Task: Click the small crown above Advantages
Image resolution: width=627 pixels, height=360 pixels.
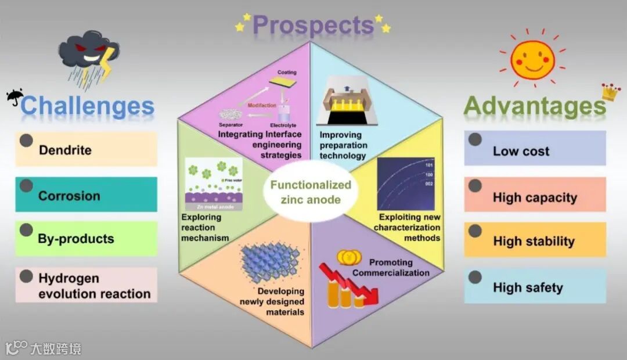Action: [610, 92]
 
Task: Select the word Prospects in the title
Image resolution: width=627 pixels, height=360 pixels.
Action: [313, 26]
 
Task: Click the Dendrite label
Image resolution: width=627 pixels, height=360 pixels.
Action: [65, 150]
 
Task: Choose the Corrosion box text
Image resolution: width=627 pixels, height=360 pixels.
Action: [69, 196]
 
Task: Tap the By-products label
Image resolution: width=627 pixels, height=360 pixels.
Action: [75, 239]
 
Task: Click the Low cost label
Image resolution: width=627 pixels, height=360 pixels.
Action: [521, 152]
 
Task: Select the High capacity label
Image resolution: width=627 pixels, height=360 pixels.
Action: [535, 197]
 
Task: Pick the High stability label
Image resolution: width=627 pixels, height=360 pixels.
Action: [534, 242]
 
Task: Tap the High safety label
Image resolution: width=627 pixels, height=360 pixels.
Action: [528, 287]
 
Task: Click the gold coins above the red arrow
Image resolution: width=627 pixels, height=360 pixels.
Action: [348, 257]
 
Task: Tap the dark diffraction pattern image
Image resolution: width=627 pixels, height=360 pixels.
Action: [405, 183]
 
